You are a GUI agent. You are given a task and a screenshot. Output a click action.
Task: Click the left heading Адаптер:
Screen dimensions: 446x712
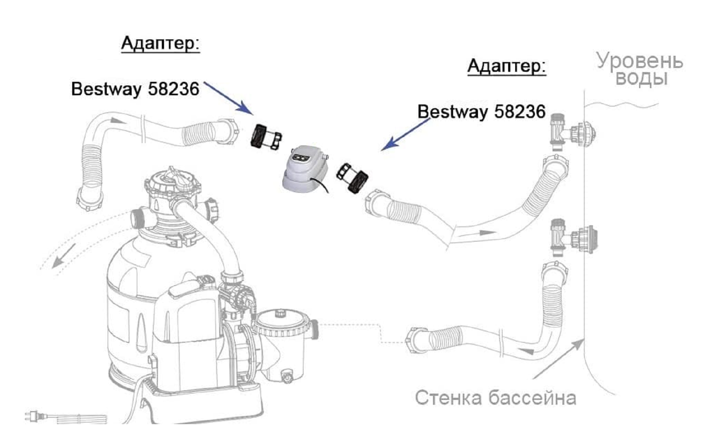160,44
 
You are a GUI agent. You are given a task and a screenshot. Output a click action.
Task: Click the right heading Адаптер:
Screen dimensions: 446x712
506,67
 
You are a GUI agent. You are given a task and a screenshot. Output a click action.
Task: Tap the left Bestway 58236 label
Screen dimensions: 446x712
135,89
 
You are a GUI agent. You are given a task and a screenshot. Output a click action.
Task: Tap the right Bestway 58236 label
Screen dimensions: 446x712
481,112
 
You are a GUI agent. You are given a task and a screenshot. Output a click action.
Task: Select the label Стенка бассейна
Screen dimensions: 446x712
495,398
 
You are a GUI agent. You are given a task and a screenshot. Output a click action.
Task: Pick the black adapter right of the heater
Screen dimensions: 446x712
352,178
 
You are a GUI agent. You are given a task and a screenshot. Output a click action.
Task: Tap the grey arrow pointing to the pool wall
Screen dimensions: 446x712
558,359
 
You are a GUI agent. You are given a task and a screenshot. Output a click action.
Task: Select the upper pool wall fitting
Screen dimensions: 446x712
573,132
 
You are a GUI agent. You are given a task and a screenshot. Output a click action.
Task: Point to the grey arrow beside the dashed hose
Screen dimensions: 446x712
63,256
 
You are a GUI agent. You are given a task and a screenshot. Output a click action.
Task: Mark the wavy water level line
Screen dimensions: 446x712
621,105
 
